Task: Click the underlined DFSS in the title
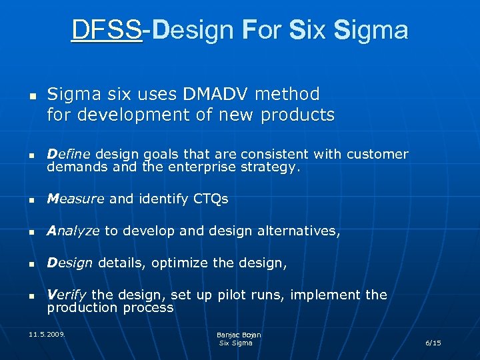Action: [106, 30]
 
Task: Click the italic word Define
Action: [66, 154]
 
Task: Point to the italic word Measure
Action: [75, 199]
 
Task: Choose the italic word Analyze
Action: [73, 231]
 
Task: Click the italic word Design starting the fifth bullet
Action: [69, 263]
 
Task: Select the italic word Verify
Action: [67, 295]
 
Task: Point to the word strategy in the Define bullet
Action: [271, 167]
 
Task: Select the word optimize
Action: [180, 263]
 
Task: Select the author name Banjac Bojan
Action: [239, 335]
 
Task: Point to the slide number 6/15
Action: [433, 343]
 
